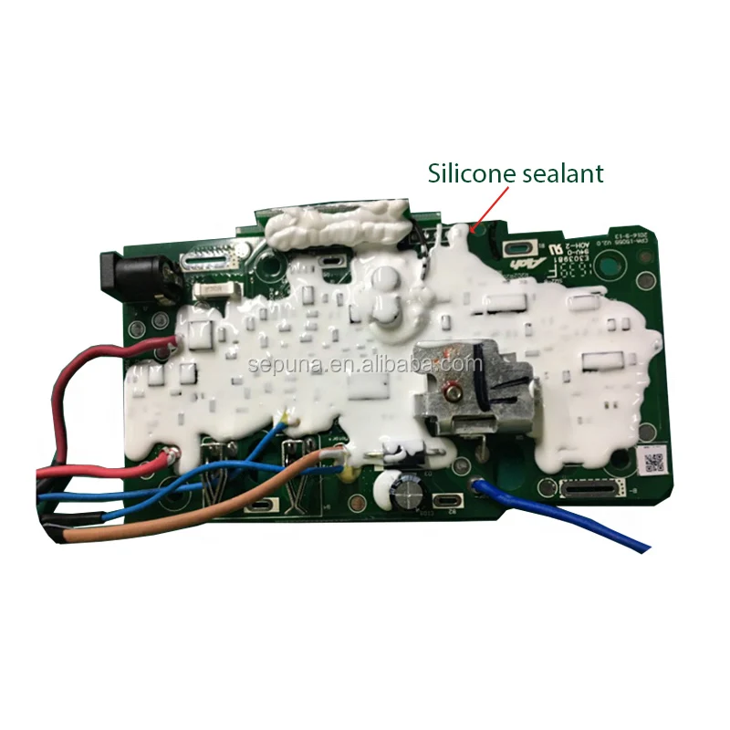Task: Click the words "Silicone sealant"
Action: tap(516, 172)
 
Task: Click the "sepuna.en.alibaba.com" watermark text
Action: tap(365, 365)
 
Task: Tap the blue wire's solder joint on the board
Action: tap(475, 485)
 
